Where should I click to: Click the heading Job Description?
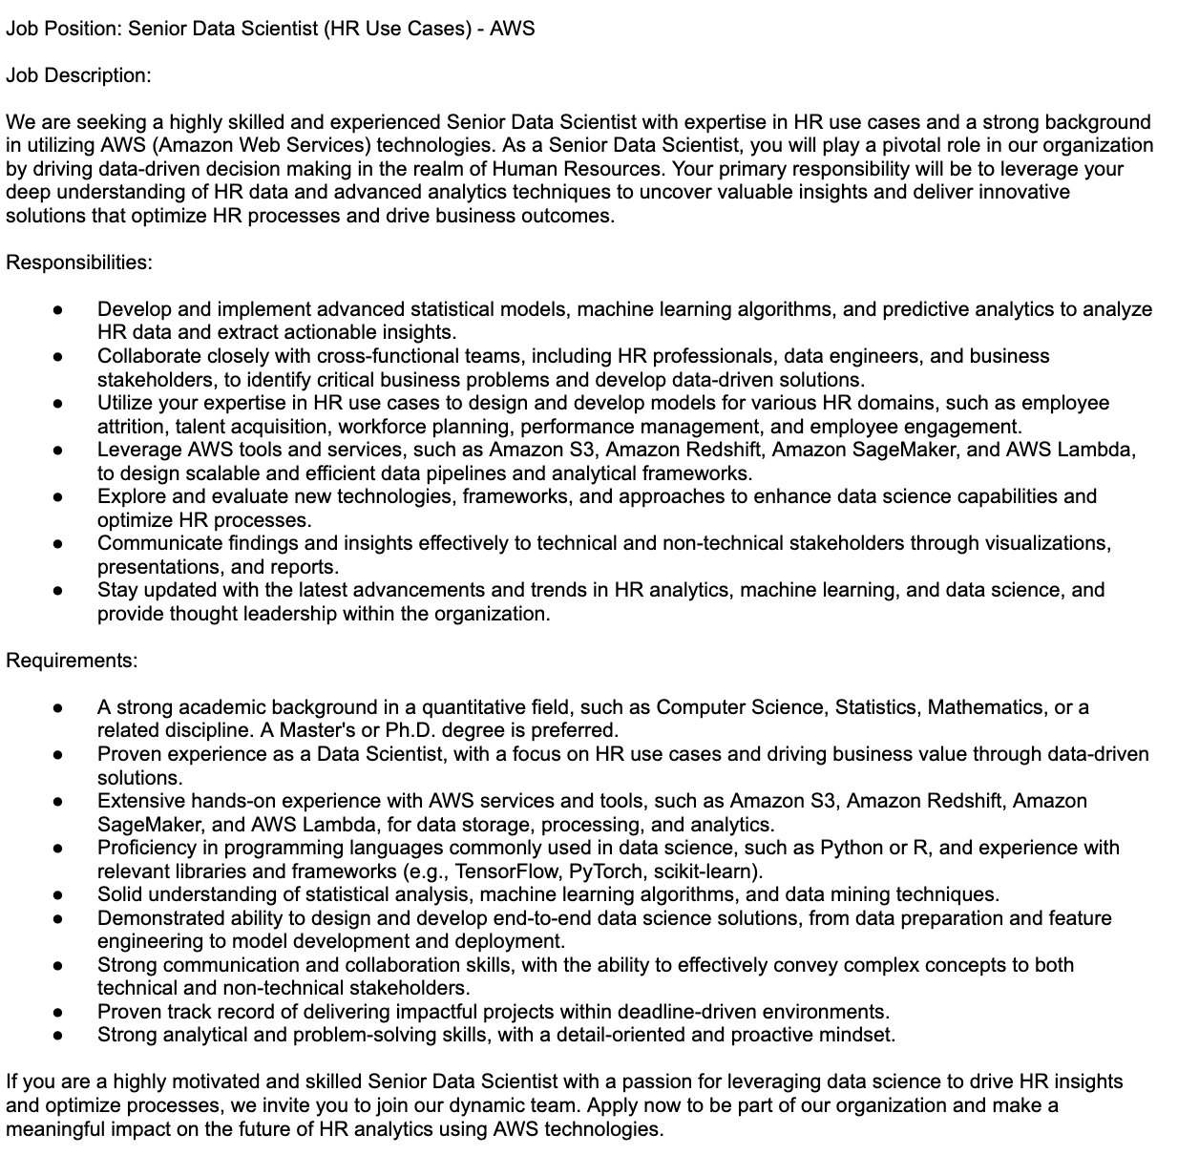(x=78, y=75)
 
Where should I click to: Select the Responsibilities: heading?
(x=79, y=262)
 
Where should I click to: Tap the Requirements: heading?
(x=72, y=661)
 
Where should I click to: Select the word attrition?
(x=132, y=427)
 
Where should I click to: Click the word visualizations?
(x=1050, y=544)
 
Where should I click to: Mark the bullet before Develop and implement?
(x=57, y=310)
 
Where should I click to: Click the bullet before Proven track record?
(x=57, y=1012)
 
